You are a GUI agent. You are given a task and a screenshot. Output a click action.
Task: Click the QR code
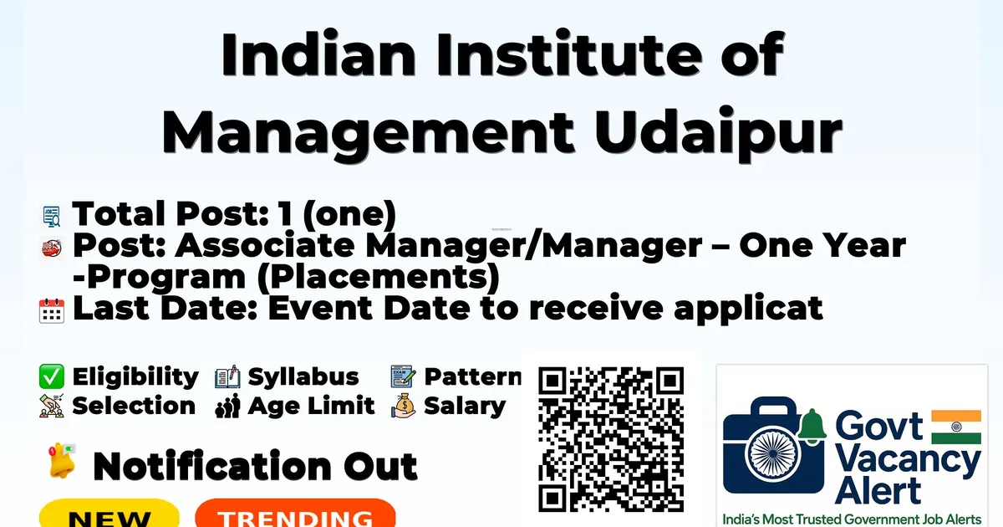611,439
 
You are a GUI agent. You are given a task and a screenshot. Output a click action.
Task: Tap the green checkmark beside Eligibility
52,376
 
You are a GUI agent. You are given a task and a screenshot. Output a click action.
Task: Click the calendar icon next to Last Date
52,310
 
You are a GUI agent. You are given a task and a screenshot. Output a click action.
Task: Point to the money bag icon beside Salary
404,406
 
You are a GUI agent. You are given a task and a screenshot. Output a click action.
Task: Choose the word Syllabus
303,377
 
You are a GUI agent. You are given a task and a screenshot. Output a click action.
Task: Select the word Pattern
473,376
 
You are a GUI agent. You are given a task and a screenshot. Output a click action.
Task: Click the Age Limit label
311,406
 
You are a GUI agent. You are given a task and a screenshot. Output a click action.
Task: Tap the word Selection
134,406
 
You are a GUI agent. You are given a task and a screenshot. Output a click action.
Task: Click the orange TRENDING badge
296,514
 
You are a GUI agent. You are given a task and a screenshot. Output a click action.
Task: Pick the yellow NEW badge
109,514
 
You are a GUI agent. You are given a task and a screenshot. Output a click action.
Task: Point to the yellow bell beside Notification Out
62,461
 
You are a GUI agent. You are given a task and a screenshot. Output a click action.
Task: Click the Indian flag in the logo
956,427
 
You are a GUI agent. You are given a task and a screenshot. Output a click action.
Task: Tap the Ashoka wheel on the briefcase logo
773,453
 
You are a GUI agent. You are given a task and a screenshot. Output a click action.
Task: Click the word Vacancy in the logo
908,462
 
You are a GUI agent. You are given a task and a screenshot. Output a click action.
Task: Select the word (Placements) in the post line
378,277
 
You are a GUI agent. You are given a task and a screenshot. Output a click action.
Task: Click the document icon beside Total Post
52,216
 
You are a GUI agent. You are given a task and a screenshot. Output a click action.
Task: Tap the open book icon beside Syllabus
227,377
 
